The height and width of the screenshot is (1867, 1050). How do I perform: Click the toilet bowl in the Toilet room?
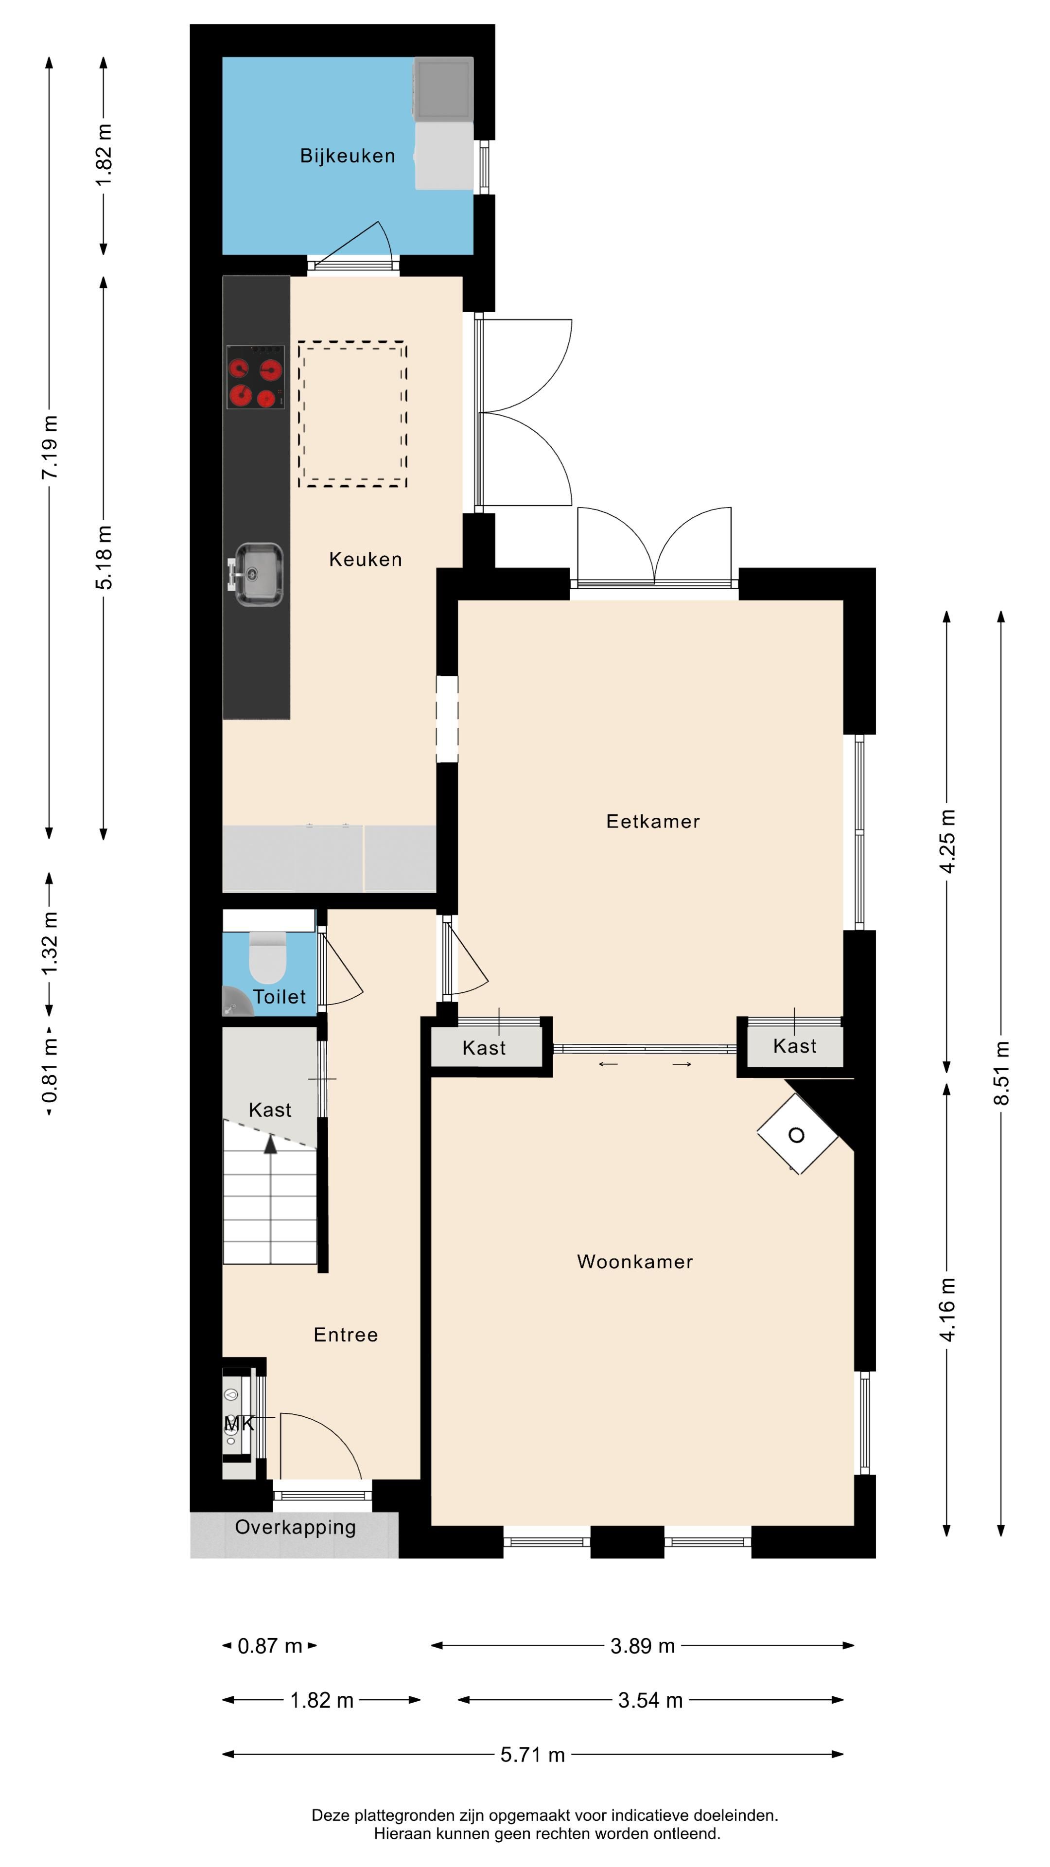coord(267,958)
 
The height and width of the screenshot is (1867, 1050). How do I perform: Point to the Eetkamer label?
coord(652,821)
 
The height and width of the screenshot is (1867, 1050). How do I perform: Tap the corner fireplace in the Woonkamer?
coord(796,1134)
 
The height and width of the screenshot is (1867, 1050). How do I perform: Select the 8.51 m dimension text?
coord(1001,1072)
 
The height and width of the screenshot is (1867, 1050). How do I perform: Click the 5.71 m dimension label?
coord(533,1755)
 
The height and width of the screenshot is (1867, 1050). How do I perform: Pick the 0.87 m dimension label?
coord(270,1646)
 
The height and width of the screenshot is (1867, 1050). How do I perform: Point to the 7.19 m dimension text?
coord(49,447)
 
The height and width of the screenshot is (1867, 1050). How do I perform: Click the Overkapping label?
coord(295,1527)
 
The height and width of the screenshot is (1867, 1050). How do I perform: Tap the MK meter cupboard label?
coord(238,1424)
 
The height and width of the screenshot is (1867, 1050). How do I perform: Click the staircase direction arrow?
coord(270,1145)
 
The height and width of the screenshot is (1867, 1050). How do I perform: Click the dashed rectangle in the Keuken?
coord(352,413)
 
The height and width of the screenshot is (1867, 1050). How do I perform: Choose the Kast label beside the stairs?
coord(270,1110)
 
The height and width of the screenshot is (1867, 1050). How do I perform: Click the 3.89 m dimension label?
coord(642,1646)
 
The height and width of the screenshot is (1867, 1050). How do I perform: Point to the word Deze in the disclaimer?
coord(331,1815)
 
